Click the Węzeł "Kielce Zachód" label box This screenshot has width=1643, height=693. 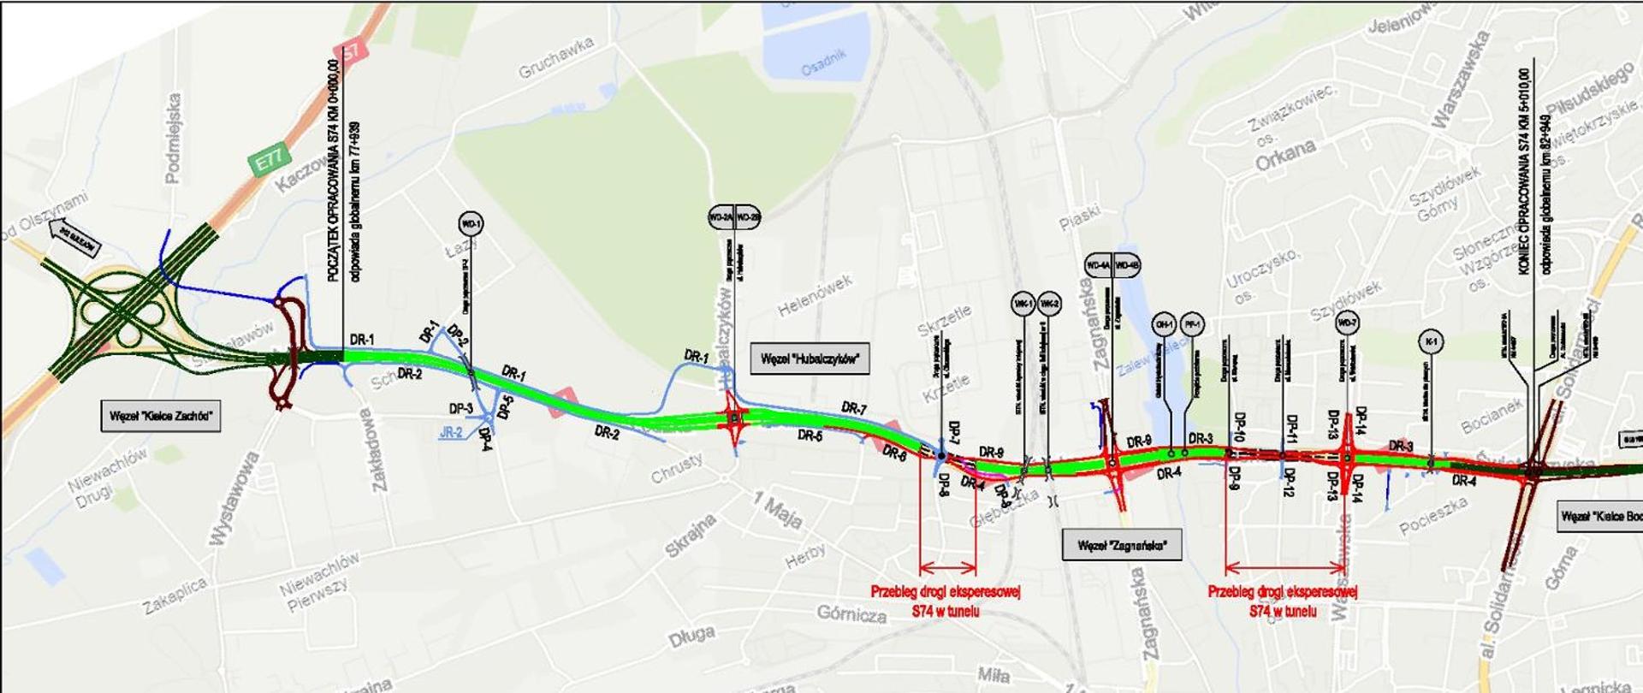(x=161, y=417)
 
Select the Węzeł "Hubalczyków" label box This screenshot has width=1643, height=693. (x=810, y=358)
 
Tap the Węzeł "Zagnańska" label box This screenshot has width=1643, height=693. (x=1122, y=545)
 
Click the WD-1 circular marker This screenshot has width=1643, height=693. (x=471, y=224)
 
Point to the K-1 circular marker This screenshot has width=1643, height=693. (x=1430, y=342)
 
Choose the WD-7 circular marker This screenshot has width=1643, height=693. (x=1347, y=323)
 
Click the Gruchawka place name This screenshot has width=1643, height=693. (x=556, y=58)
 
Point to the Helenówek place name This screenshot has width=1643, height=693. (x=815, y=295)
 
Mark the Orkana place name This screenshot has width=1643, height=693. (x=1285, y=154)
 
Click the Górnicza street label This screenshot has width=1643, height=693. (x=851, y=613)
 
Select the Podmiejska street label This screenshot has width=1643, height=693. (x=174, y=139)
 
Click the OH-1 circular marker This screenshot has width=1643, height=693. (x=1164, y=324)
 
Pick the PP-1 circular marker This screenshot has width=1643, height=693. (x=1192, y=324)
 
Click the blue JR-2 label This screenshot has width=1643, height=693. (x=451, y=433)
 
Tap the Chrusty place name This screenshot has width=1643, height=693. (x=677, y=467)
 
